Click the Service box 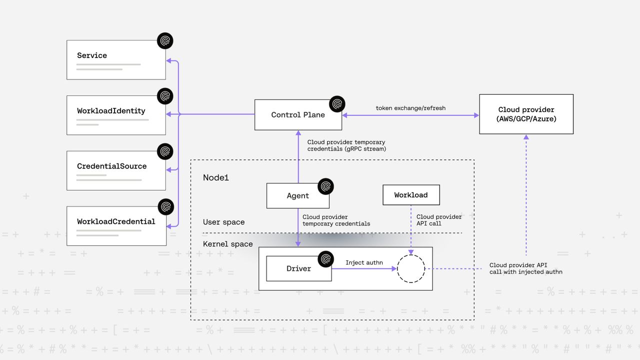[116, 60]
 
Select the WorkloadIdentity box [116, 115]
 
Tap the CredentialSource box [116, 170]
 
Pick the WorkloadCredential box [116, 226]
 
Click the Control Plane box [298, 115]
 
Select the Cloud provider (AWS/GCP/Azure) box [526, 114]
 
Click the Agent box [297, 196]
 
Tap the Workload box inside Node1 [411, 195]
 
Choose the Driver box [298, 269]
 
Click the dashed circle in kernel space [410, 269]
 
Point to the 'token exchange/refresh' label [410, 108]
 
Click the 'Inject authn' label [363, 262]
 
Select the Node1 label [216, 177]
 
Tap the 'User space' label [223, 222]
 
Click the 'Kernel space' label [227, 244]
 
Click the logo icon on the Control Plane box [337, 104]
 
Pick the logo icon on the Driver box [325, 258]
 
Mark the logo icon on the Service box [165, 41]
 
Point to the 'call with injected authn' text [525, 272]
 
